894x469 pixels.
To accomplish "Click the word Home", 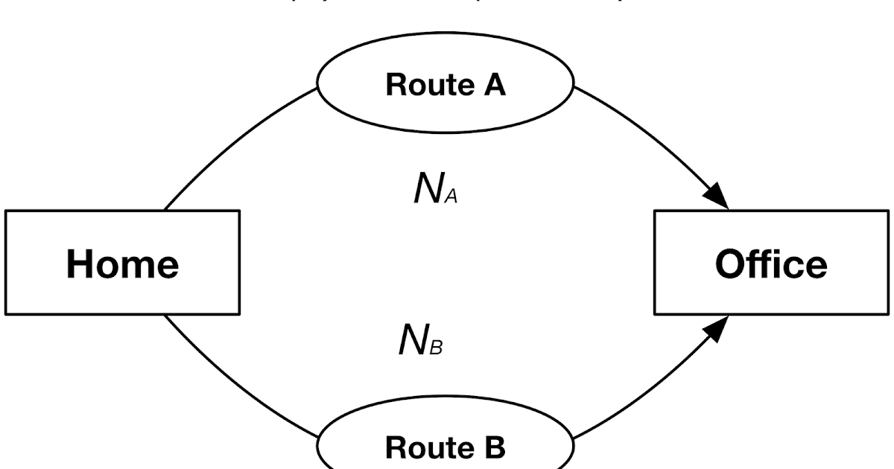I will [122, 263].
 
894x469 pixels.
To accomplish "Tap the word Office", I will [771, 263].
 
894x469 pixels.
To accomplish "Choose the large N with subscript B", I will [412, 341].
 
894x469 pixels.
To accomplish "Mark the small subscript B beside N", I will [437, 348].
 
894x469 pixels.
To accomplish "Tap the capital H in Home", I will [79, 263].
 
